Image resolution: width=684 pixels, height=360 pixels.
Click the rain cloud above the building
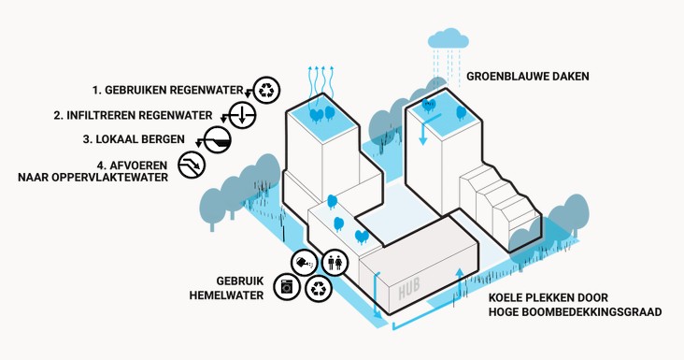coord(448,38)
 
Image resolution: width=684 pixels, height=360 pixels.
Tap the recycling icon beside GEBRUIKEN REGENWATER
coord(266,91)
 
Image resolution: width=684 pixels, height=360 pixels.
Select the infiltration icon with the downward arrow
coord(242,115)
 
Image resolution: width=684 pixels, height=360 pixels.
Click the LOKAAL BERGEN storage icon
coord(217,139)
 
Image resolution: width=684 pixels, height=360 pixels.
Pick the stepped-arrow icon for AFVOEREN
coord(192,165)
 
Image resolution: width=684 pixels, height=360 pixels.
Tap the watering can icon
coord(305,263)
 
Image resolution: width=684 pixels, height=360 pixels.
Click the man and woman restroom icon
coord(335,263)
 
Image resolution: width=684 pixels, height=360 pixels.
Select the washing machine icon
coord(287,288)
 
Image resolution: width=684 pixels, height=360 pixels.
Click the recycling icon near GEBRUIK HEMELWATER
coord(320,288)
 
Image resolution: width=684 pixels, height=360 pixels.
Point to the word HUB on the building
coord(409,288)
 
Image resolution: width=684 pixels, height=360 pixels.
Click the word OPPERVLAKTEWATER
coord(106,178)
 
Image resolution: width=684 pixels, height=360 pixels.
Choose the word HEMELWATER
coord(226,295)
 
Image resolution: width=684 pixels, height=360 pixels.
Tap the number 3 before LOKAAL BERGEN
coord(86,139)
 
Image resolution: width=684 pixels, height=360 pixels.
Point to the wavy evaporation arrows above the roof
coord(321,83)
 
